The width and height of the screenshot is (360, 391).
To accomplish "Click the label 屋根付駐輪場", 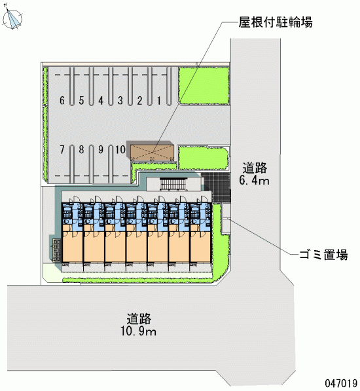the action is pos(276,22).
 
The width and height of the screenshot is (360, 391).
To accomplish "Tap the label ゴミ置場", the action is pos(323,255).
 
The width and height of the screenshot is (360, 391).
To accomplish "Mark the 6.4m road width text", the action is pos(255,180).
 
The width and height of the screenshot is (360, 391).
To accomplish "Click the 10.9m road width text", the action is pos(139,331).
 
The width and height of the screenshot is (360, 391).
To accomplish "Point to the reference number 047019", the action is pos(341,383).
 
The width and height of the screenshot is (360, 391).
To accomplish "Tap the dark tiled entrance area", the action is pos(216,187).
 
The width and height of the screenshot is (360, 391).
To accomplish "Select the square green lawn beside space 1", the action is pos(204,86).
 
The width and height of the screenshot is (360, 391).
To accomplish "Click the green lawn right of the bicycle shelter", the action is pos(203,158).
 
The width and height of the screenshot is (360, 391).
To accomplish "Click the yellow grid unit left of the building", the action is pos(56,250).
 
